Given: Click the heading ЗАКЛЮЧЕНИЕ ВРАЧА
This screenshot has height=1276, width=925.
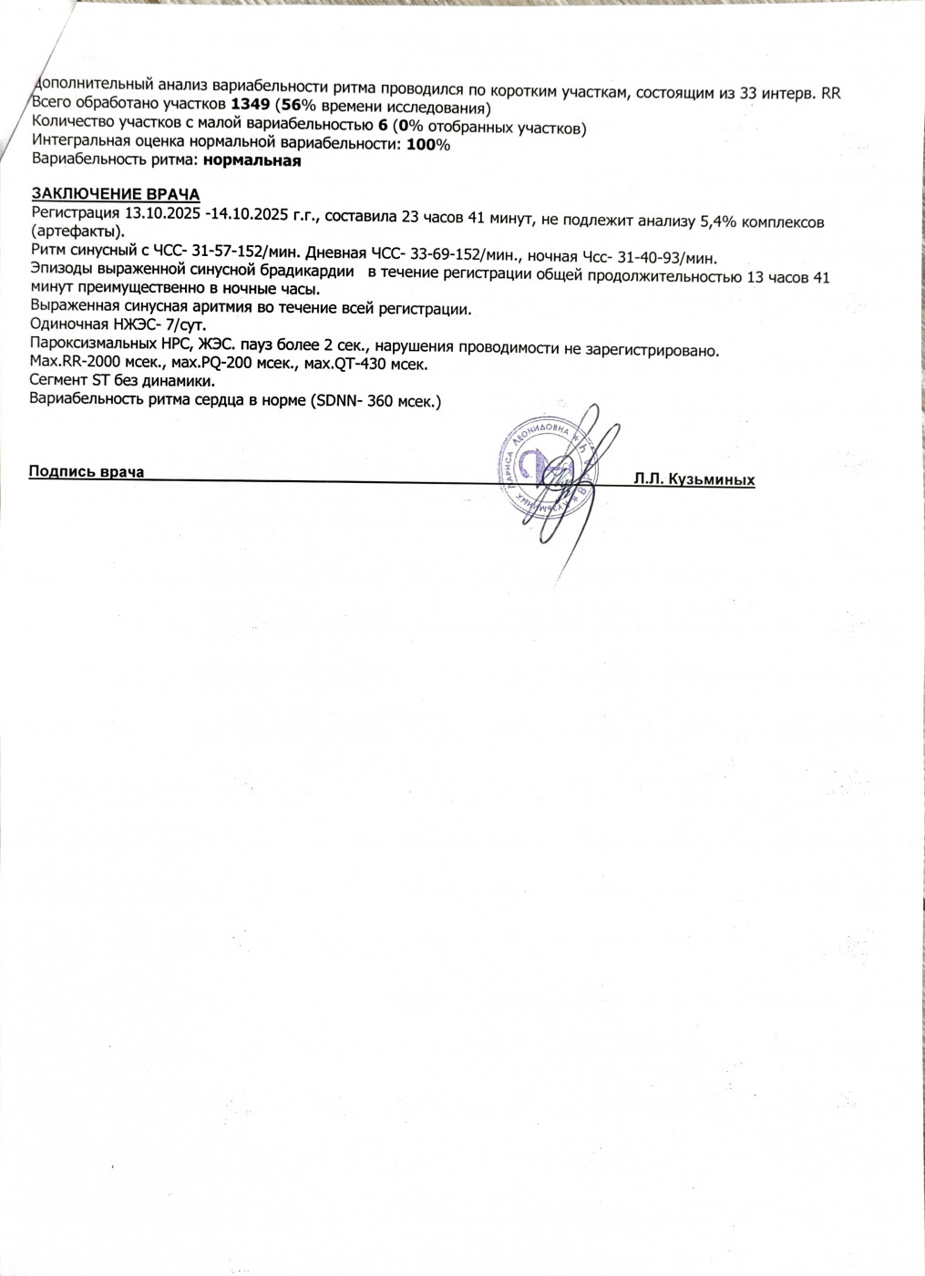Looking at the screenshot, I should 116,194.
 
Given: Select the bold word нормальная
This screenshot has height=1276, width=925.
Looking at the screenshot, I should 252,161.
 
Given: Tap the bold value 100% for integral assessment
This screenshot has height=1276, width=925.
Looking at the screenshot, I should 427,145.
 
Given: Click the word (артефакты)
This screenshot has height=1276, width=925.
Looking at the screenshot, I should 77,232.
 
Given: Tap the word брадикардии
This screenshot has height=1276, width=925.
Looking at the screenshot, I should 310,272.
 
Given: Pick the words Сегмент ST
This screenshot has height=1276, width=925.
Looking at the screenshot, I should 70,381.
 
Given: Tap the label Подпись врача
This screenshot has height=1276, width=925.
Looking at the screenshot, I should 87,471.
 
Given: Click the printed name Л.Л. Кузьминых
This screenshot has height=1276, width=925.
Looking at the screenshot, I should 694,479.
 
